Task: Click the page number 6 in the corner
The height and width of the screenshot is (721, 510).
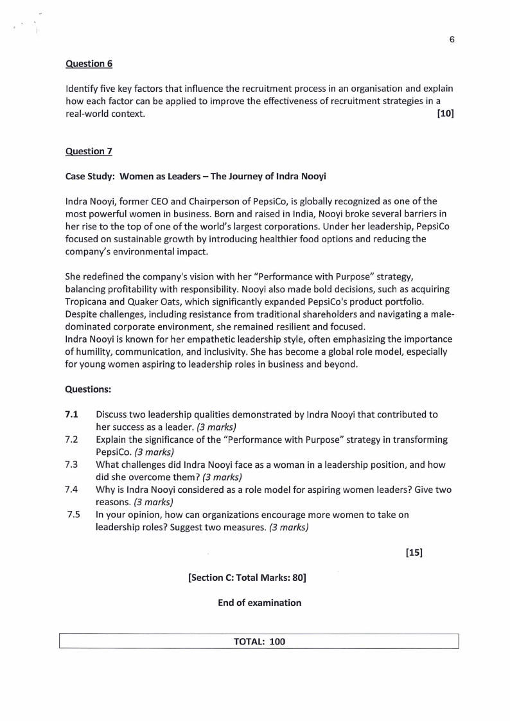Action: [x=452, y=39]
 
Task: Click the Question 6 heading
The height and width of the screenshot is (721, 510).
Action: [x=85, y=64]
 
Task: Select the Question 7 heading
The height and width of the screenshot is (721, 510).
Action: [x=85, y=151]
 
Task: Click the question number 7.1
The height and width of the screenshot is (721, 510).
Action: [x=71, y=414]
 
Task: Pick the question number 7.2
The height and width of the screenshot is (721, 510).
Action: [x=71, y=440]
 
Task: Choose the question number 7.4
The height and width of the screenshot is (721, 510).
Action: [x=71, y=489]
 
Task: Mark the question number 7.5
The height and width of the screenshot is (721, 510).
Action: [x=73, y=514]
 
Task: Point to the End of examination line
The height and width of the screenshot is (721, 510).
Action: [x=259, y=603]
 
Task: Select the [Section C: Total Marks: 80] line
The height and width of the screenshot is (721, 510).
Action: [x=247, y=578]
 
